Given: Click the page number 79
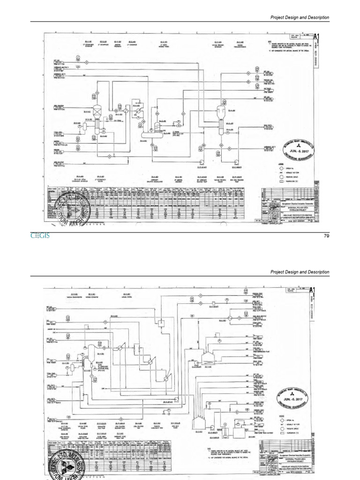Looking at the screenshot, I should pos(326,236).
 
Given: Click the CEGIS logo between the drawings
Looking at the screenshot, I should pos(40,236).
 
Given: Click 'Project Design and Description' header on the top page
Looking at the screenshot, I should pos(300,17).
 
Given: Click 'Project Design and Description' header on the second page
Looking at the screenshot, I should pos(300,272).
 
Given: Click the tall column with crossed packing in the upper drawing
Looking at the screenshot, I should pos(97,112).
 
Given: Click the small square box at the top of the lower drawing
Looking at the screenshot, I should pos(160,323).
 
